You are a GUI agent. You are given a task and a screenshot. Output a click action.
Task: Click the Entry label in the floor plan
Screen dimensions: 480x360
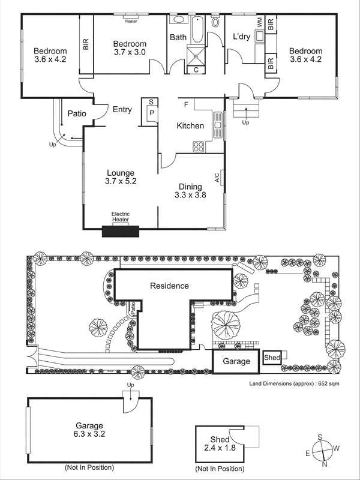[x=122, y=110]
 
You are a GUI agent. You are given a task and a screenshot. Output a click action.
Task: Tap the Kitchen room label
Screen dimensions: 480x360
[x=190, y=126]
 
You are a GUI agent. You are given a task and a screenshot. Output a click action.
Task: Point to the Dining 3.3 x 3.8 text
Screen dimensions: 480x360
[x=190, y=191]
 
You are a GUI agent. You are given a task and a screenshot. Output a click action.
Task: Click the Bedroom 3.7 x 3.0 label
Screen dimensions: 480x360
[x=130, y=49]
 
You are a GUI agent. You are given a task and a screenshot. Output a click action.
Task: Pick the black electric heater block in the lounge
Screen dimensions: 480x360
[x=120, y=231]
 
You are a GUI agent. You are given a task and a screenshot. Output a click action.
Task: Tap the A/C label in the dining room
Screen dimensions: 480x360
[x=217, y=178]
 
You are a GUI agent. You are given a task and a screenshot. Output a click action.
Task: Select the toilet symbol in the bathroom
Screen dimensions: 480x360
[x=216, y=22]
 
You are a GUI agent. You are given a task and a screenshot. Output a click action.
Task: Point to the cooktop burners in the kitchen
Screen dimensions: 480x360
[x=198, y=145]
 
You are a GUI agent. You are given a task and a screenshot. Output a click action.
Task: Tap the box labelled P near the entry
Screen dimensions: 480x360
[x=152, y=113]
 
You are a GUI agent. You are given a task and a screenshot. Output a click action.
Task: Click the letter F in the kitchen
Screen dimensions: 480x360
[x=186, y=104]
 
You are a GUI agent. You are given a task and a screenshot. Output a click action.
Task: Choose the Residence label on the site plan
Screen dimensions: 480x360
[x=169, y=286]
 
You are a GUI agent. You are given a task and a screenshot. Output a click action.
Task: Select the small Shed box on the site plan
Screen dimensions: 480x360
[x=271, y=358]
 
